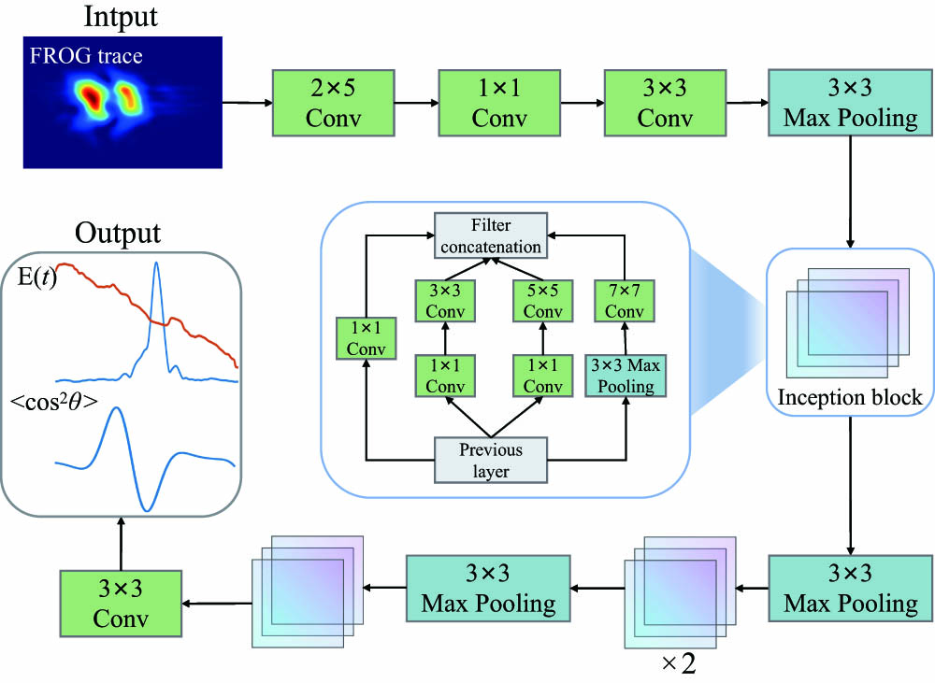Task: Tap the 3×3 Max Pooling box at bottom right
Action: point(850,588)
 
